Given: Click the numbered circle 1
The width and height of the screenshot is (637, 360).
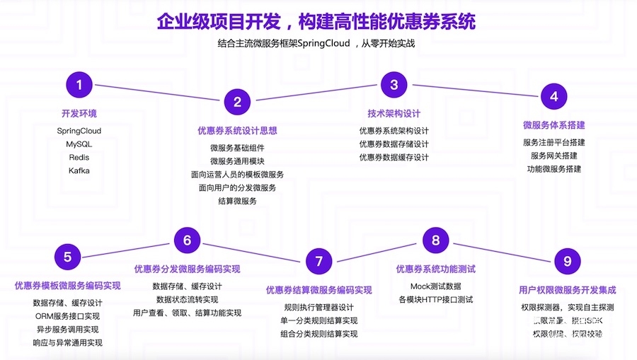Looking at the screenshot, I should (79, 85).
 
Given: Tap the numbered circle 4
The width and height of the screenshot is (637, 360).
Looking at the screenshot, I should (554, 97).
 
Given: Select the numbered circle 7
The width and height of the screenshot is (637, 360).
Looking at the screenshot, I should (318, 262).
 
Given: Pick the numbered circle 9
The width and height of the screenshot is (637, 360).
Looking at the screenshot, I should (567, 262).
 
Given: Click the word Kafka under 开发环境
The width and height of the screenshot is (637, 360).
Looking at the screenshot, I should (79, 170).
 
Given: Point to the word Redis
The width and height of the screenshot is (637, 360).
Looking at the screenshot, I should (79, 157).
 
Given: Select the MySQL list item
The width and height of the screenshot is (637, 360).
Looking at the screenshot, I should (79, 144).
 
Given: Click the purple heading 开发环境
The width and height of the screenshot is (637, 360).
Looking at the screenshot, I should (79, 113).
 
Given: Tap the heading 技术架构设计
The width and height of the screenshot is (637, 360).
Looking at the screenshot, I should (394, 113).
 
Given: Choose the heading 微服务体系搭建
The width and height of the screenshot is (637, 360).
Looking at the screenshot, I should (554, 125).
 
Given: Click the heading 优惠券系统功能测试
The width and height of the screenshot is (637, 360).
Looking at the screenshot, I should (435, 269).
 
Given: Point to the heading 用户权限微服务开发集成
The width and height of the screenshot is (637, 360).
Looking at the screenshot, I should (567, 290).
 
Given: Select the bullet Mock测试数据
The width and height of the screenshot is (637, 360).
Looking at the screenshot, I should (435, 286).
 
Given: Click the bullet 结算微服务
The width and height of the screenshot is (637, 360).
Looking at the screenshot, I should (237, 201).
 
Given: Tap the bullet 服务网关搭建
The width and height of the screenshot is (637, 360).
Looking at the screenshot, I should (554, 156).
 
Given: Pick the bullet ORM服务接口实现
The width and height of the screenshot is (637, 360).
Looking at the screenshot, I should (67, 316).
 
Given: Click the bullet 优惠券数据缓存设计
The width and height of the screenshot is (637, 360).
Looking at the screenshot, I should (394, 157).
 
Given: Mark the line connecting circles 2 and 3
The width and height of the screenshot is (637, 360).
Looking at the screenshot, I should (315, 94).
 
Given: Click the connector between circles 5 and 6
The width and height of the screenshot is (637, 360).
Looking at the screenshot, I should (127, 248).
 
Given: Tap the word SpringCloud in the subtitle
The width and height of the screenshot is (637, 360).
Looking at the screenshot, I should (319, 43).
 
